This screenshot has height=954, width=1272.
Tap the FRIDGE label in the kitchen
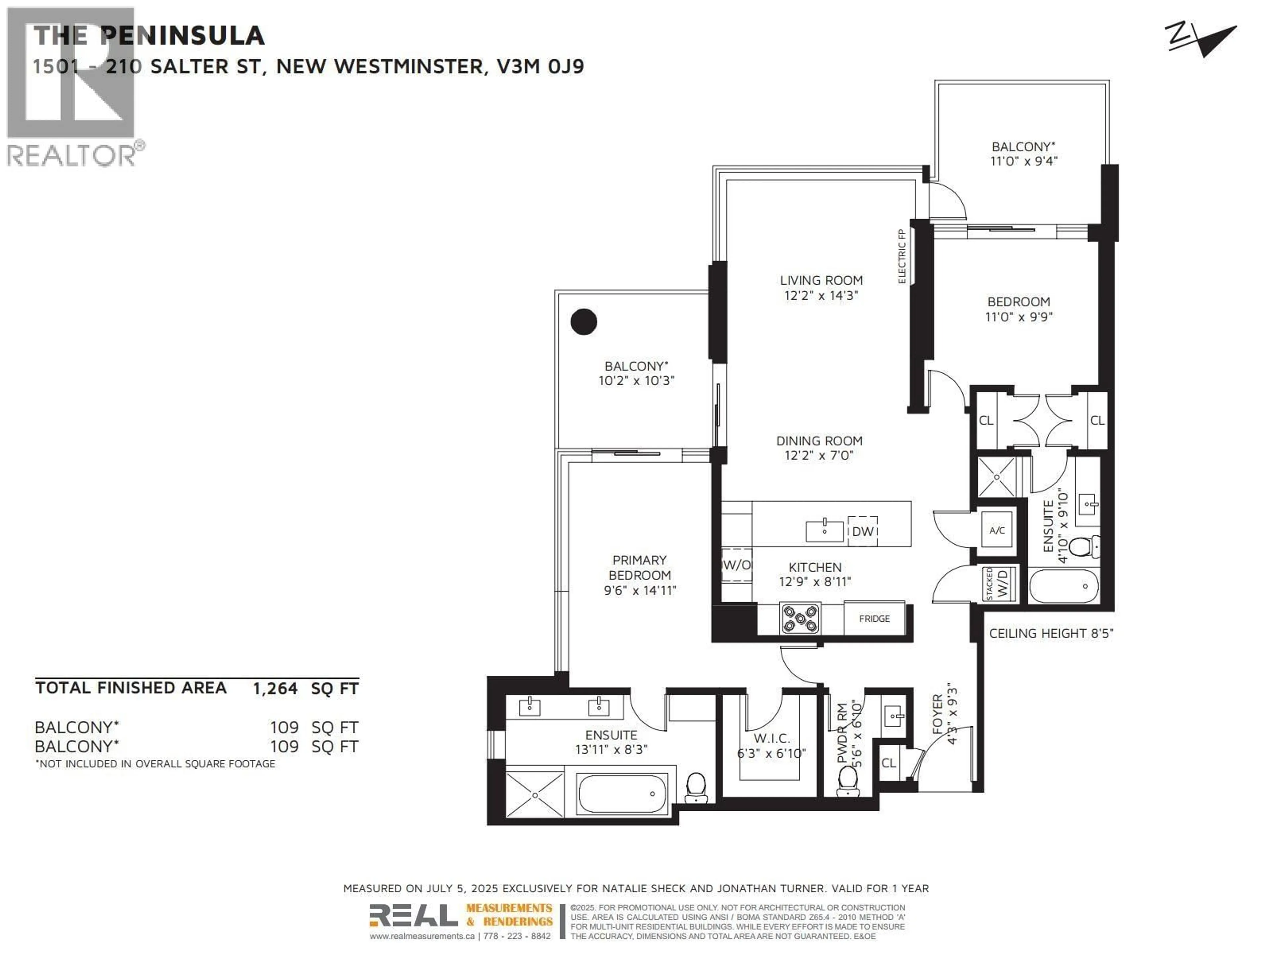pos(874,619)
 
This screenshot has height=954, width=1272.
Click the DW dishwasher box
pos(863,531)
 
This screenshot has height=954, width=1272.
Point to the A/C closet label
pos(996,530)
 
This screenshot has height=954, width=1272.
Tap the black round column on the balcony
pos(584,321)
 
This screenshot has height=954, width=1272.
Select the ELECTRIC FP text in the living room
pos(902,256)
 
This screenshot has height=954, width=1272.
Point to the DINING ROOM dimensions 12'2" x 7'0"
pos(819,455)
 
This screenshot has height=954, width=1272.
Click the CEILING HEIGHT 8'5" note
pos(1051,633)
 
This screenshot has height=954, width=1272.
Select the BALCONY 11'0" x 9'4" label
pos(1023,154)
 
